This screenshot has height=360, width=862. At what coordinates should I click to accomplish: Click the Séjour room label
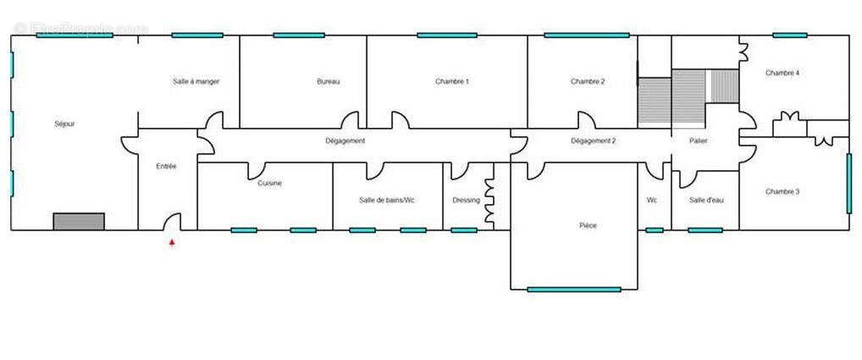(64, 124)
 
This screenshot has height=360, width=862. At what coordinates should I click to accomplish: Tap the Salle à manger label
(196, 81)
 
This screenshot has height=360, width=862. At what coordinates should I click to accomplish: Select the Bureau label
(329, 81)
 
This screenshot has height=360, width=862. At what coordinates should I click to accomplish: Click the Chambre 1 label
(452, 81)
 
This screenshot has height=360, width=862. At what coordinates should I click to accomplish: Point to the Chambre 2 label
(588, 81)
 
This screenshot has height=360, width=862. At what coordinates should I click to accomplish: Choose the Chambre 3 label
(782, 191)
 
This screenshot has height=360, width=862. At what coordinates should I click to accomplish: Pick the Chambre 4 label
(782, 73)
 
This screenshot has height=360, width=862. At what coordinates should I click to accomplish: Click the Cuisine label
(270, 183)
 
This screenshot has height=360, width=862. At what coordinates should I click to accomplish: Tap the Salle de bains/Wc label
(387, 200)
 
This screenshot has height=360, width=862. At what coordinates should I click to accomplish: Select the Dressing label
(466, 200)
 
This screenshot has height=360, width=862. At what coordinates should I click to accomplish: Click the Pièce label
(588, 225)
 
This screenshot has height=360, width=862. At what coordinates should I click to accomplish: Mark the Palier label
(699, 141)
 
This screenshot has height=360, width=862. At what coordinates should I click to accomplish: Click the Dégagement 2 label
(593, 141)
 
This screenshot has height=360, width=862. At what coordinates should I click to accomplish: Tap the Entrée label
(167, 166)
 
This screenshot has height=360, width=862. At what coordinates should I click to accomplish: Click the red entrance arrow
(173, 242)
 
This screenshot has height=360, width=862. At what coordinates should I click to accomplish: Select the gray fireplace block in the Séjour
(79, 221)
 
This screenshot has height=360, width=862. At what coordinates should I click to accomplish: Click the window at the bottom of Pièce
(574, 290)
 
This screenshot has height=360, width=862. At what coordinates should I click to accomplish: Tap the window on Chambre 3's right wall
(849, 183)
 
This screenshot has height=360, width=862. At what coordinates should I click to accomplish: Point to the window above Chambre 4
(789, 36)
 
